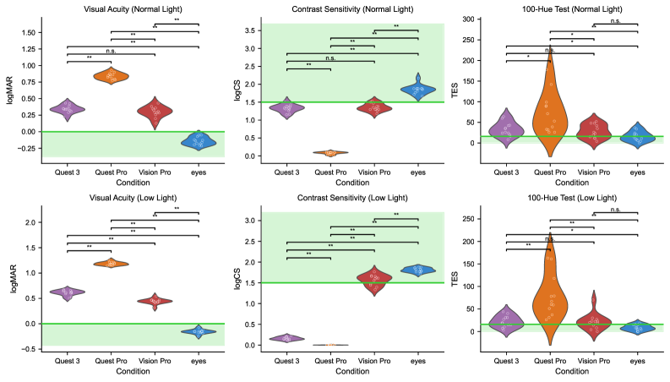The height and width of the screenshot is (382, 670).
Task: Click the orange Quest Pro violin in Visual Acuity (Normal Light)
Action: tap(111, 76)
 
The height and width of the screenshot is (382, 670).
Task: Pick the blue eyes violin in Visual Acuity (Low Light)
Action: tap(198, 331)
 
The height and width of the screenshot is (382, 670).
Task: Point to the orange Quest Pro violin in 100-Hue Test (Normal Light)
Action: tap(550, 110)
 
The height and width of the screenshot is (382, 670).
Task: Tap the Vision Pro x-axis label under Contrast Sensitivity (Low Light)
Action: tap(374, 361)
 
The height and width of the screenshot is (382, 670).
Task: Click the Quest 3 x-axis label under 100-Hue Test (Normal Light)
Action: tap(507, 172)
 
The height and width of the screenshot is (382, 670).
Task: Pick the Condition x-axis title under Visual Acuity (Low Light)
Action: tap(132, 372)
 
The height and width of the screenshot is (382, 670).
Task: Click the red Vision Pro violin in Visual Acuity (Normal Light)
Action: tap(155, 112)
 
